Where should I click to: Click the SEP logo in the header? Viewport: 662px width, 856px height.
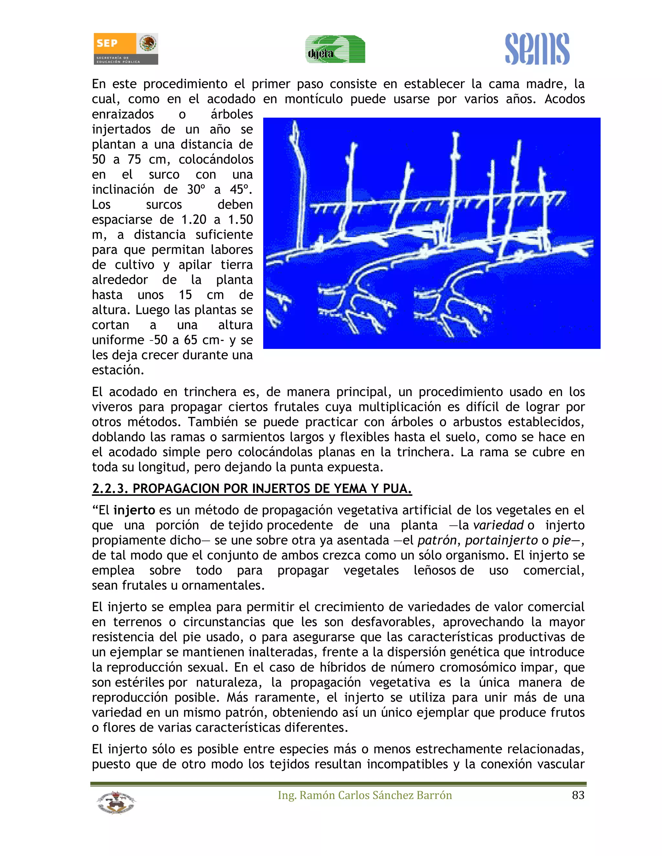[125, 48]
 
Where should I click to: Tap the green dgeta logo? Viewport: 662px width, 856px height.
[335, 49]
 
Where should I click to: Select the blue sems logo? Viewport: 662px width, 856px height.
[537, 49]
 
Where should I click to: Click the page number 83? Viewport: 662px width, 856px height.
[578, 795]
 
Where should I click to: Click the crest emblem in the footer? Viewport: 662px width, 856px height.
[116, 802]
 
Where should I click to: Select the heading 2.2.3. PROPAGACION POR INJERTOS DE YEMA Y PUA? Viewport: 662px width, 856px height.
[252, 489]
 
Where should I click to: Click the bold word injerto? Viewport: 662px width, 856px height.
[134, 510]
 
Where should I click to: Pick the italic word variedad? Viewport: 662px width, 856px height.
[498, 525]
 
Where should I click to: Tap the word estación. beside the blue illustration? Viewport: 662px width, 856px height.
[118, 370]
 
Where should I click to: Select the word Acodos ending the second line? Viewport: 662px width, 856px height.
[564, 99]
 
